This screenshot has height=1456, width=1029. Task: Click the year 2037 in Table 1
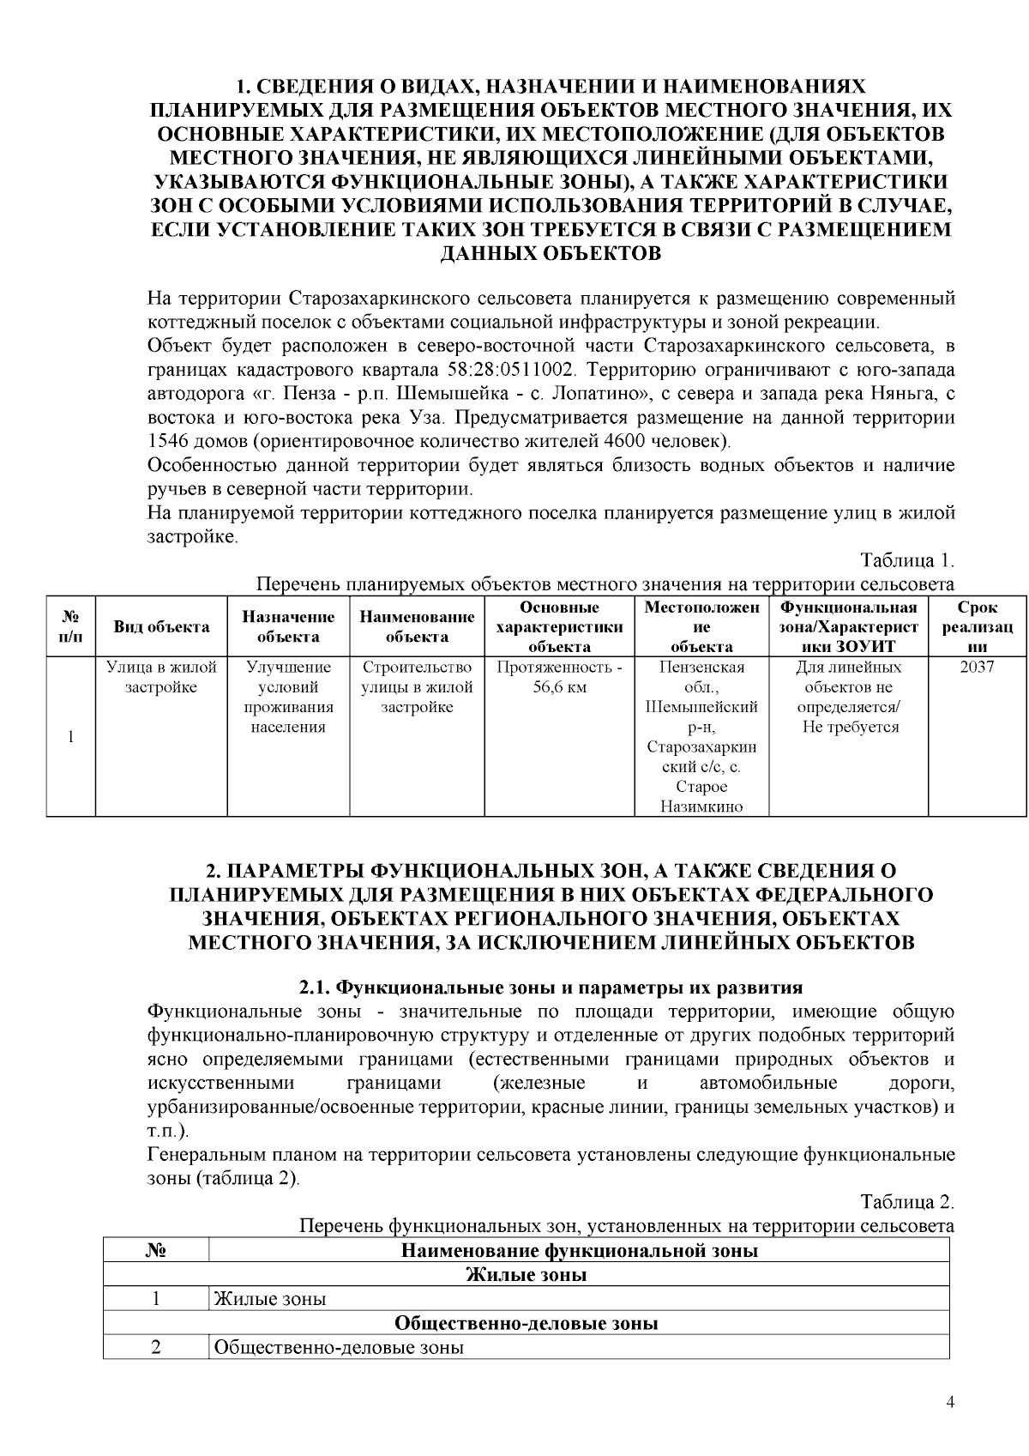[977, 667]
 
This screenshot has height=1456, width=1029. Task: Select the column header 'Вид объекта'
[161, 626]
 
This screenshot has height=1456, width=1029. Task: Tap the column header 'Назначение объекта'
[288, 626]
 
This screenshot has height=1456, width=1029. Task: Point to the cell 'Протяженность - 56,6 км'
[559, 677]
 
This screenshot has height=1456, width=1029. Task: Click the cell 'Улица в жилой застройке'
[161, 677]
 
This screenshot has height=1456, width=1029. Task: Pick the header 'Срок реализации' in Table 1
[978, 626]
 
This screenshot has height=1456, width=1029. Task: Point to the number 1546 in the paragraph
[167, 442]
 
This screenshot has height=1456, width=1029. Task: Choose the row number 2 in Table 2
[156, 1347]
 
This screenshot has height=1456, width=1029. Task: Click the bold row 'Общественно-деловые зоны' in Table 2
[526, 1323]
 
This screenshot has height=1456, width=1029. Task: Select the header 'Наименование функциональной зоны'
[579, 1250]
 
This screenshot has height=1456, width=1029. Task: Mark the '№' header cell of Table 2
[156, 1250]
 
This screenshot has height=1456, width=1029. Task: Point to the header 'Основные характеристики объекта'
[559, 626]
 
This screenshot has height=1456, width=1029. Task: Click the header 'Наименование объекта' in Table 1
[417, 626]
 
